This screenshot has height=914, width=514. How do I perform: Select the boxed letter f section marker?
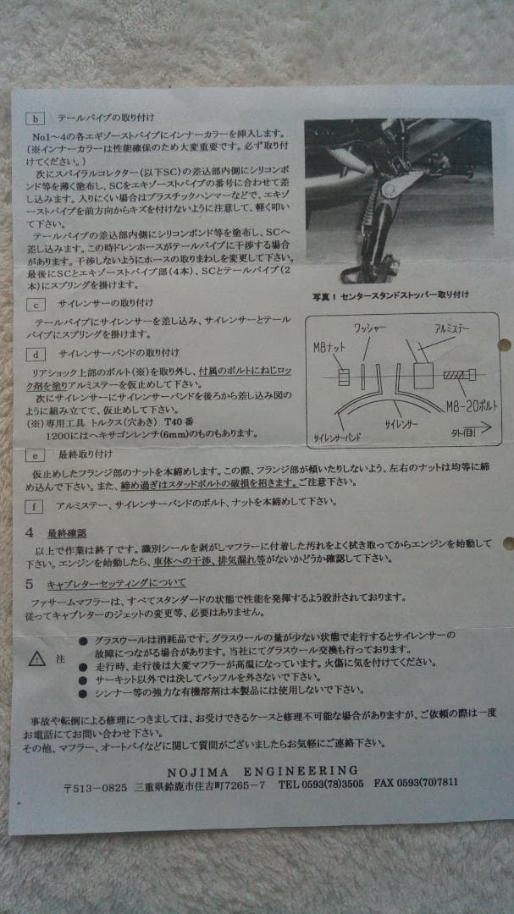click(x=35, y=507)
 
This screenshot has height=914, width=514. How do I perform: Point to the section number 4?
click(x=30, y=533)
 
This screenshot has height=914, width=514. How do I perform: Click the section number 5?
click(x=30, y=583)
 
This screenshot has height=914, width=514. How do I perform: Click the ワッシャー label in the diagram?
click(x=370, y=328)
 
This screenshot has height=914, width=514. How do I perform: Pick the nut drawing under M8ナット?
click(x=344, y=377)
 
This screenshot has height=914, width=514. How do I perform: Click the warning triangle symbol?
click(x=37, y=658)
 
